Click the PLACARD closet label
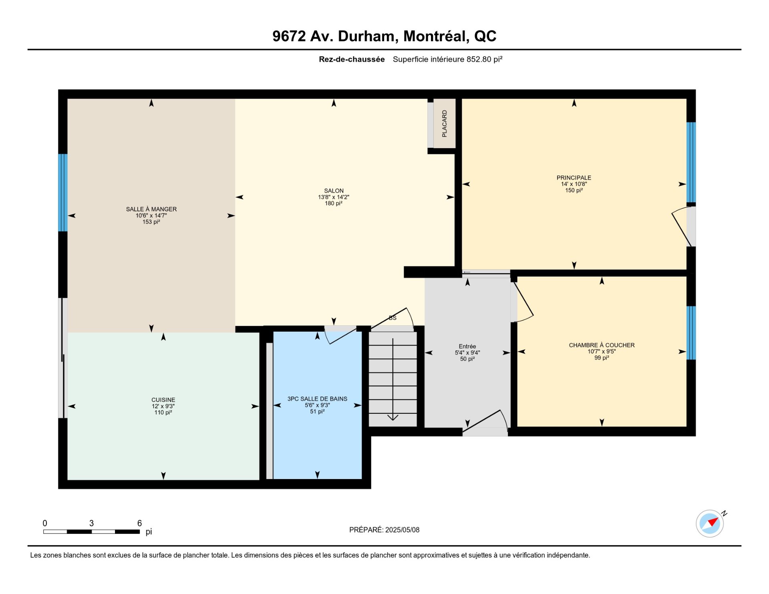(x=444, y=124)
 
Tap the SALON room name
(x=334, y=191)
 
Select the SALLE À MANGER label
(x=151, y=209)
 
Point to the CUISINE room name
(x=163, y=400)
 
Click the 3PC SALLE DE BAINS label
(x=317, y=399)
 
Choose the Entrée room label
(x=467, y=346)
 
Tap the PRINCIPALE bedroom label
(x=574, y=178)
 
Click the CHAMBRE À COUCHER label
(x=602, y=345)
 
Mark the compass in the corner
(x=710, y=523)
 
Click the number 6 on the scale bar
(x=139, y=523)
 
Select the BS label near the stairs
(x=393, y=318)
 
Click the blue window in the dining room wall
(x=63, y=193)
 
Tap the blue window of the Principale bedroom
(x=691, y=162)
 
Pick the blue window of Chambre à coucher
(x=691, y=333)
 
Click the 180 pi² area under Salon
(x=334, y=203)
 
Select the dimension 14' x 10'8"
(x=574, y=184)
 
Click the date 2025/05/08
(x=402, y=530)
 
